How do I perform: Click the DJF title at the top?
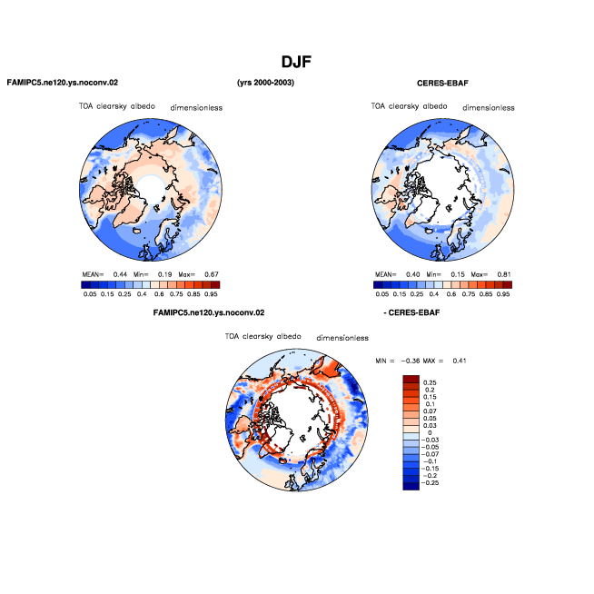[x=296, y=62]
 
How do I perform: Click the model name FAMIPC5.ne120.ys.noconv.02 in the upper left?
[x=63, y=83]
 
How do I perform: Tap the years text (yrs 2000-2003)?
[x=265, y=83]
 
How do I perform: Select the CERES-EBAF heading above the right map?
[x=442, y=84]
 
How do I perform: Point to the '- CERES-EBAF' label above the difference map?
[x=411, y=312]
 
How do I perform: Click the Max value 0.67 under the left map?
[x=212, y=274]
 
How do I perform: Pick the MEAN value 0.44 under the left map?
[x=120, y=274]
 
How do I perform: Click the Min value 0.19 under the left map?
[x=164, y=274]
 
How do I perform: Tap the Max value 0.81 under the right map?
[x=504, y=274]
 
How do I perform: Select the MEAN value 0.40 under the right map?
[x=413, y=274]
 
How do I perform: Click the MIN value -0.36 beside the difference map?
[x=411, y=361]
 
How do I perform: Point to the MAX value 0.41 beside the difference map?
[x=460, y=361]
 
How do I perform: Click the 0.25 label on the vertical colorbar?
[x=430, y=382]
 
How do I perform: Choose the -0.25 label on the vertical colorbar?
[x=430, y=482]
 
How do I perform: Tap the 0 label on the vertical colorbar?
[x=430, y=432]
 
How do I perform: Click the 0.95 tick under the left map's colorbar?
[x=211, y=294]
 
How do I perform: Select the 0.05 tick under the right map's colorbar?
[x=381, y=294]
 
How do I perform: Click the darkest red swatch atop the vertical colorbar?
[x=411, y=380]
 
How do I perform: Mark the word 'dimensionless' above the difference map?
[x=342, y=338]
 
